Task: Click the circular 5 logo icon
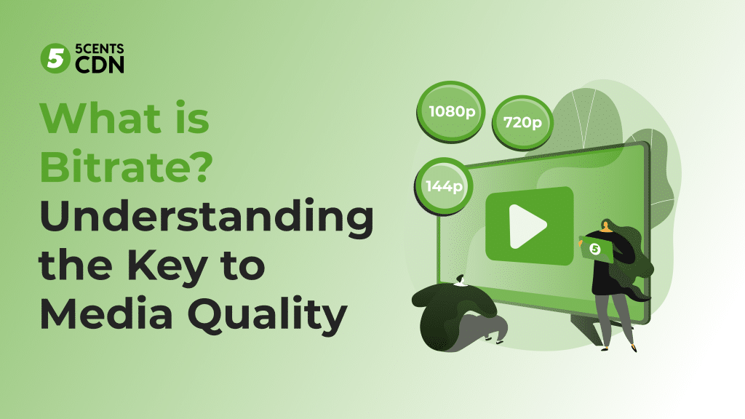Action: click(54, 57)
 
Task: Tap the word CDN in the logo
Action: click(99, 65)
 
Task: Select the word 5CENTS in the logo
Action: click(99, 49)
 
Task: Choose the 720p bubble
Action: click(522, 121)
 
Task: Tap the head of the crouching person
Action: click(459, 280)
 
